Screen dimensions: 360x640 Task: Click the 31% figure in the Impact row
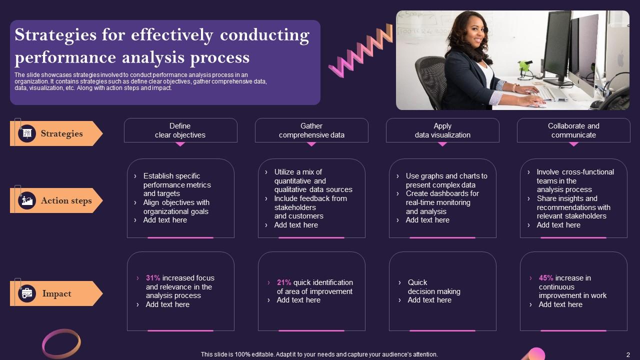tap(152, 278)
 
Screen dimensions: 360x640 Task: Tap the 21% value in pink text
tap(284, 282)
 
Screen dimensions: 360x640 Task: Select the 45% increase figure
tap(546, 278)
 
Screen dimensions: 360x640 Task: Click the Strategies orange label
tap(61, 133)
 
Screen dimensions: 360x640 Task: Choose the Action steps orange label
tap(66, 200)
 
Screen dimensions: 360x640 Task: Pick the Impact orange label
tap(56, 293)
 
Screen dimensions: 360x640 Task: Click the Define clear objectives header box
tap(180, 130)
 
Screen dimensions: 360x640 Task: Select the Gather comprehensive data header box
tap(311, 130)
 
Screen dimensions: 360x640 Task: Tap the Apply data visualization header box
tap(442, 130)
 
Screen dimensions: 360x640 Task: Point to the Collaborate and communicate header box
tap(573, 130)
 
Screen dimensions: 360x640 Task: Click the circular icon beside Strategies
tap(27, 133)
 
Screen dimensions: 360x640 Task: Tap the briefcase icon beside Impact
tap(27, 293)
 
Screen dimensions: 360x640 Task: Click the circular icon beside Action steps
tap(27, 200)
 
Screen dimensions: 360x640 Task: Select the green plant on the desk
tap(524, 66)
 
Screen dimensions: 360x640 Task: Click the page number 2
tap(628, 354)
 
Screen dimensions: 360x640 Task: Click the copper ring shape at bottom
tap(61, 343)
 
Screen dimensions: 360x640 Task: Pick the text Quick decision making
tap(433, 287)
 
